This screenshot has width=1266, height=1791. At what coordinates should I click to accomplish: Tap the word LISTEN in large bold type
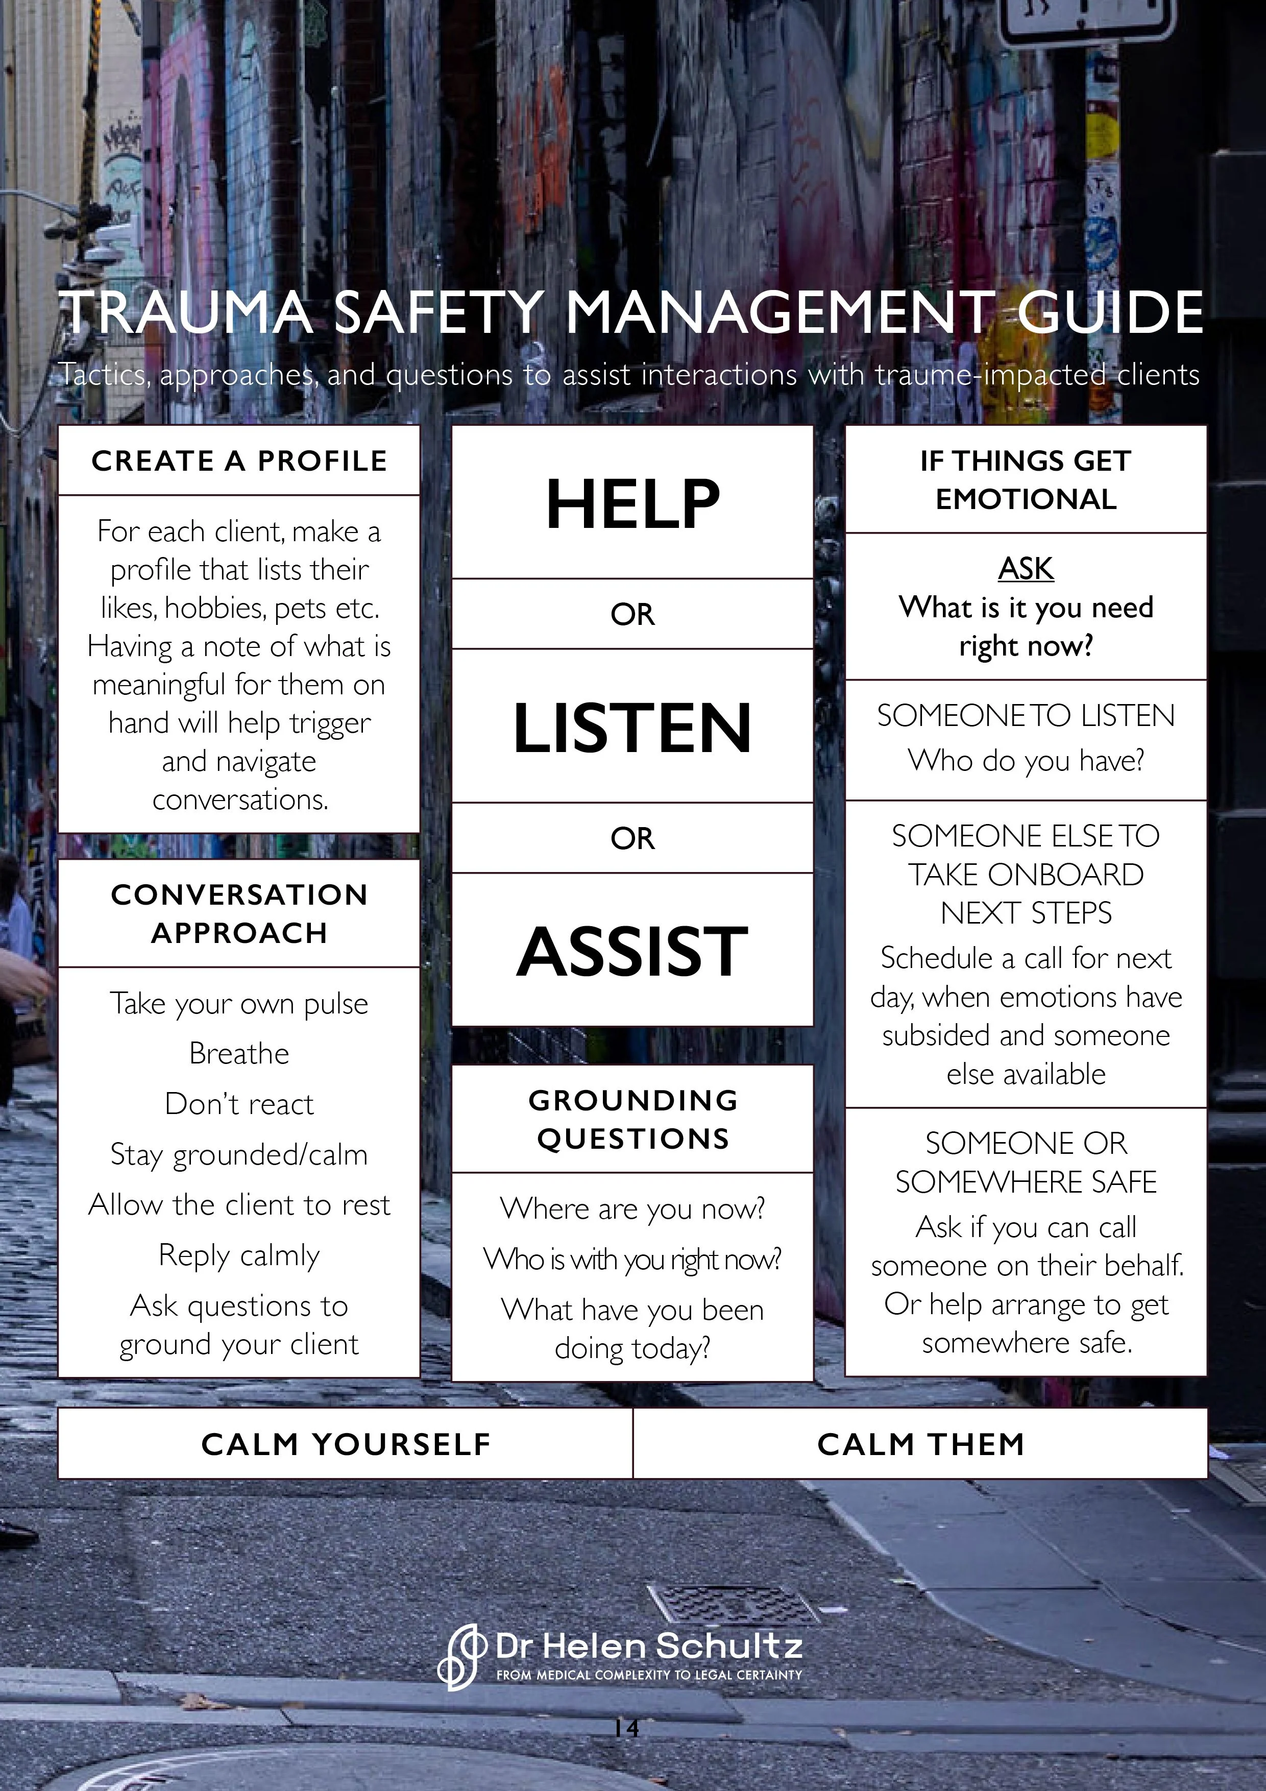pos(632,728)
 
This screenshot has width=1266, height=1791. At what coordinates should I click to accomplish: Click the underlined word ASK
pos(1026,569)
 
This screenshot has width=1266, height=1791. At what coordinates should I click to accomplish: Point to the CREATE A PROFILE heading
pos(239,461)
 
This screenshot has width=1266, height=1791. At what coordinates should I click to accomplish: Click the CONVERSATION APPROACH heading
pos(239,913)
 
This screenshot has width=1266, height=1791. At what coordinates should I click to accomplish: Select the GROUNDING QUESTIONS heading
pos(632,1119)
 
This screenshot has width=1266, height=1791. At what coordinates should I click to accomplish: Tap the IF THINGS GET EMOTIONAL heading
pos(1026,480)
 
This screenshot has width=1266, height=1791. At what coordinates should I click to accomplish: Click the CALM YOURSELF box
pos(346,1444)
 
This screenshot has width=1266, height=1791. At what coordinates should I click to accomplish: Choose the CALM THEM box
pos(920,1444)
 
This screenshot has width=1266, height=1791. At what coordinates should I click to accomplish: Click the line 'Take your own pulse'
pos(239,1004)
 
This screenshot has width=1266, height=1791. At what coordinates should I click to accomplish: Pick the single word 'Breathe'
pos(239,1054)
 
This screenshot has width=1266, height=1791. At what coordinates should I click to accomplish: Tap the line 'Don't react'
pos(239,1104)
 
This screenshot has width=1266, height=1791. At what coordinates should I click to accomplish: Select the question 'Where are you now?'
pos(632,1208)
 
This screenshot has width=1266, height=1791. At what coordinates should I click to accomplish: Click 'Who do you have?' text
pos(1026,760)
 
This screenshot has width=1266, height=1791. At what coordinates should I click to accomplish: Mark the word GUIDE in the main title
pos(1110,312)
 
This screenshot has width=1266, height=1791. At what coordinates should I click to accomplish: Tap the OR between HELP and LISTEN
pos(632,615)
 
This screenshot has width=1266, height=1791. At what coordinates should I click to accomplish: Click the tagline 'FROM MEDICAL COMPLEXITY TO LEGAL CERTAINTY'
pos(649,1675)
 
